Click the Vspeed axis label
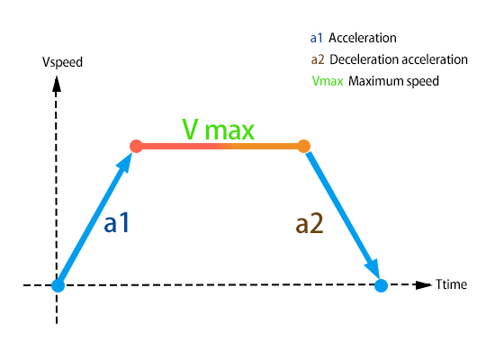pyautogui.click(x=62, y=62)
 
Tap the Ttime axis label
pyautogui.click(x=451, y=284)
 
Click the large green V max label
pyautogui.click(x=218, y=130)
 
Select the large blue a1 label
pyautogui.click(x=117, y=223)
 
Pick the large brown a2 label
pyautogui.click(x=310, y=223)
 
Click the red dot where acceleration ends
pyautogui.click(x=136, y=146)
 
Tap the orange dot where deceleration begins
pyautogui.click(x=303, y=146)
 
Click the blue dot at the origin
pyautogui.click(x=58, y=285)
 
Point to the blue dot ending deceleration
pyautogui.click(x=381, y=285)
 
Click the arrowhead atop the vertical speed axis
pyautogui.click(x=57, y=84)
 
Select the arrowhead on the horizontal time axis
pyautogui.click(x=424, y=284)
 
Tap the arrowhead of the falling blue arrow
pyautogui.click(x=372, y=269)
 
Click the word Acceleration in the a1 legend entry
pyautogui.click(x=363, y=38)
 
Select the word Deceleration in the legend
pyautogui.click(x=362, y=59)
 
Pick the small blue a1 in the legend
pyautogui.click(x=316, y=38)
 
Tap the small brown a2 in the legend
pyautogui.click(x=318, y=59)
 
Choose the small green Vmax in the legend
pyautogui.click(x=328, y=81)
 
